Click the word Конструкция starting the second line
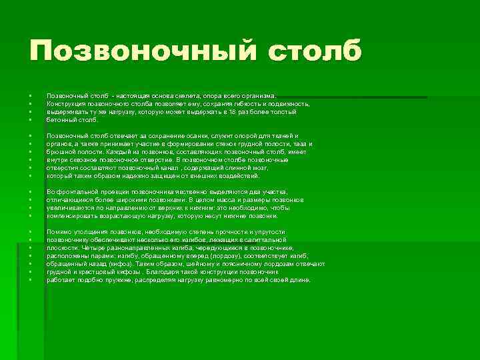65,104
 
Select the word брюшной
60,152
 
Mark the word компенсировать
72,216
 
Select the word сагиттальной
265,240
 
